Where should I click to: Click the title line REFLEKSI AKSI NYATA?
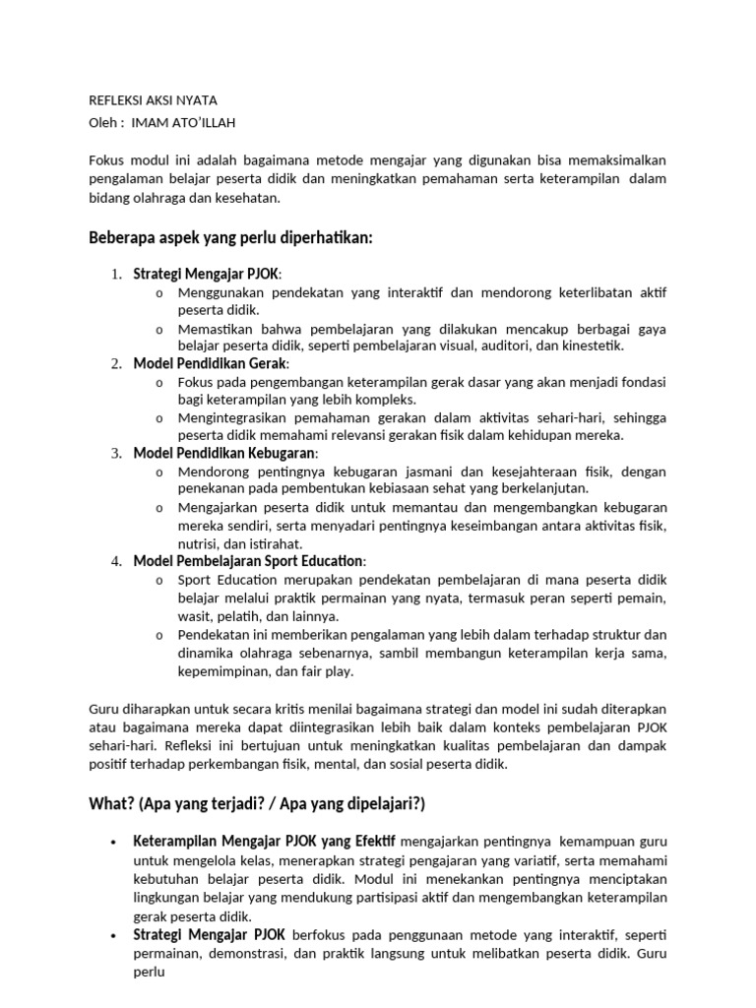tap(153, 100)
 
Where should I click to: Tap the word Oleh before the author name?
tap(104, 122)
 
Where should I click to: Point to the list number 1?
tap(115, 274)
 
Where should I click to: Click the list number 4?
tap(115, 561)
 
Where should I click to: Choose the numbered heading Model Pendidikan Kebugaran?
tap(225, 454)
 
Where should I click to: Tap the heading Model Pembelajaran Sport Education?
tap(249, 561)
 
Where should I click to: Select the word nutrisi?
tap(201, 543)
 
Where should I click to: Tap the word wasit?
tap(195, 615)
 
